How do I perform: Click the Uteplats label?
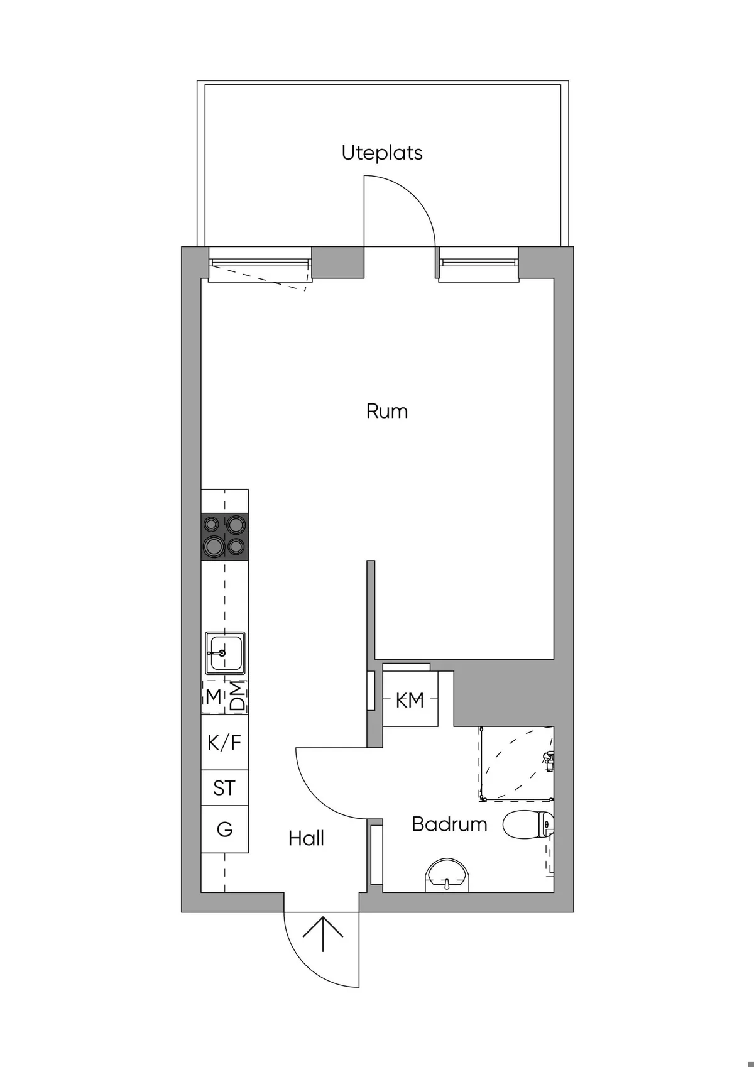pos(381,153)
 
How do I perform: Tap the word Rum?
pos(386,412)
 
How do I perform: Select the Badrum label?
pos(449,824)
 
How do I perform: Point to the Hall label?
pos(306,838)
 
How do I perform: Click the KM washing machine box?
pos(410,699)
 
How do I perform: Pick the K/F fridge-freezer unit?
pos(224,743)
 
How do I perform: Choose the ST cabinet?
pos(224,788)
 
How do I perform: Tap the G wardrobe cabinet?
pos(224,829)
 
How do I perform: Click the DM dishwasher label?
pos(238,697)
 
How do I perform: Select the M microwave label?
pos(214,696)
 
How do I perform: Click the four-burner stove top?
pos(224,536)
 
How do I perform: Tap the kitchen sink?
pos(224,652)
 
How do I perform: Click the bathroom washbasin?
pos(447,875)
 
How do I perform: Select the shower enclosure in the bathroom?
pos(516,763)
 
